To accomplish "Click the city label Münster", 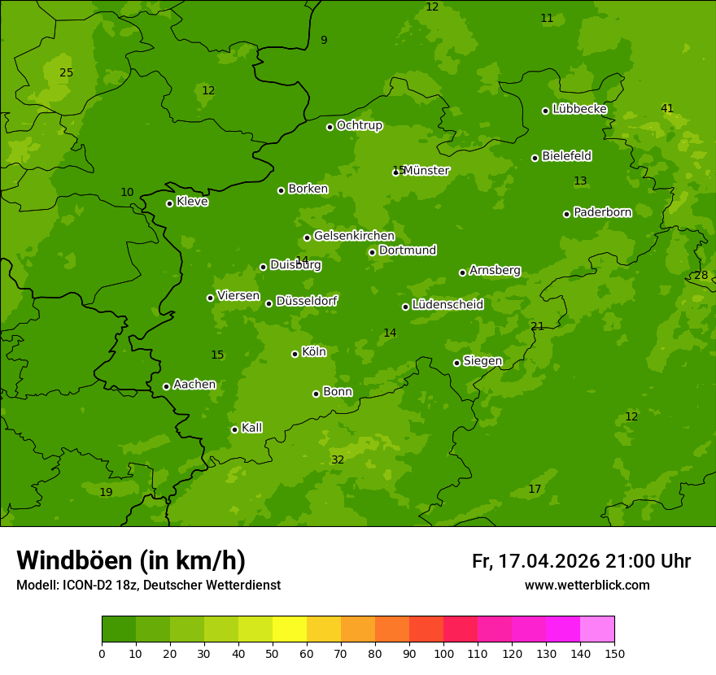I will [x=426, y=171].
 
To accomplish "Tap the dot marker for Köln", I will [x=295, y=354].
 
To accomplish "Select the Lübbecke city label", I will [x=579, y=109].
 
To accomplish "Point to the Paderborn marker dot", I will [x=566, y=214].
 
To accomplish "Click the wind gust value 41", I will [x=667, y=108].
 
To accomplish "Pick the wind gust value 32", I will [x=338, y=459].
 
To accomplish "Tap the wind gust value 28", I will [x=701, y=275].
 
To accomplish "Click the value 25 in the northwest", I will [x=67, y=72].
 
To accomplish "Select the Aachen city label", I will [x=194, y=385].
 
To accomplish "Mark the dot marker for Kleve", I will [x=169, y=203].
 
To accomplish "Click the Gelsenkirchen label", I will [x=354, y=236].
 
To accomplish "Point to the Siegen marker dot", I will [x=456, y=363].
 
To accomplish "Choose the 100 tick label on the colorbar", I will [x=443, y=653].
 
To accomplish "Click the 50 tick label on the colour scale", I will [x=273, y=653].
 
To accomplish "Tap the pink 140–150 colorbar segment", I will [x=597, y=629].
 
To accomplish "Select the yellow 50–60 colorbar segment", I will [x=290, y=629].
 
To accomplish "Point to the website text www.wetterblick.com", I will [x=587, y=585].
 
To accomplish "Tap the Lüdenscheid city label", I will [x=447, y=305].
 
